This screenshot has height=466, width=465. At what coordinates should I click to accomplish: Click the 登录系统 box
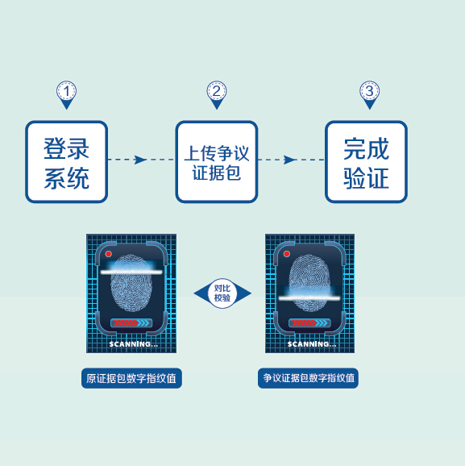pos(67,162)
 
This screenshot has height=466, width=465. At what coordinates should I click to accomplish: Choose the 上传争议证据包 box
pos(217,162)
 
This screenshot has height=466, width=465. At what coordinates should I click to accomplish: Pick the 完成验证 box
pos(366,162)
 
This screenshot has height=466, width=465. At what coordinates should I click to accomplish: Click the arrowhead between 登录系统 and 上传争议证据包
pos(140,160)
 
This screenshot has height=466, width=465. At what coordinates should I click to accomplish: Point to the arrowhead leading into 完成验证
pos(290,160)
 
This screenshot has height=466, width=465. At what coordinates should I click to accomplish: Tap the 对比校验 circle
pos(222,293)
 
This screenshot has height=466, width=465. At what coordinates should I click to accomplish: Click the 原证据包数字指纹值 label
pos(131,378)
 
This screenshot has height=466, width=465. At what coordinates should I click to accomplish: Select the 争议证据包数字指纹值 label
pos(308,378)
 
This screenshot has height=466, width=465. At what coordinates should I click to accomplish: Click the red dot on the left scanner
pos(109,254)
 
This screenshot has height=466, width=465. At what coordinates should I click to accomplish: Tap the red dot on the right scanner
pos(287,254)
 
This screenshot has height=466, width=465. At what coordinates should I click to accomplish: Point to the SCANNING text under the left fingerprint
pos(134,344)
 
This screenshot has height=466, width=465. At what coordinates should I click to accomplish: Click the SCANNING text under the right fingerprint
pos(312,344)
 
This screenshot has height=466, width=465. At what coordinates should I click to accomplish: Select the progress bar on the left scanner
pos(131,322)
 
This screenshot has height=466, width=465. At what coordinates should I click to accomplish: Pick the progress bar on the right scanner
pos(309,322)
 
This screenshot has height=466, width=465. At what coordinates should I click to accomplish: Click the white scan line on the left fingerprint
pos(131,272)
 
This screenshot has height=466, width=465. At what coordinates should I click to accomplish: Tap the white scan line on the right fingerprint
pos(309,297)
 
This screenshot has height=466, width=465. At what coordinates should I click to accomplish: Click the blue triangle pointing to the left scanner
pos(201,293)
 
